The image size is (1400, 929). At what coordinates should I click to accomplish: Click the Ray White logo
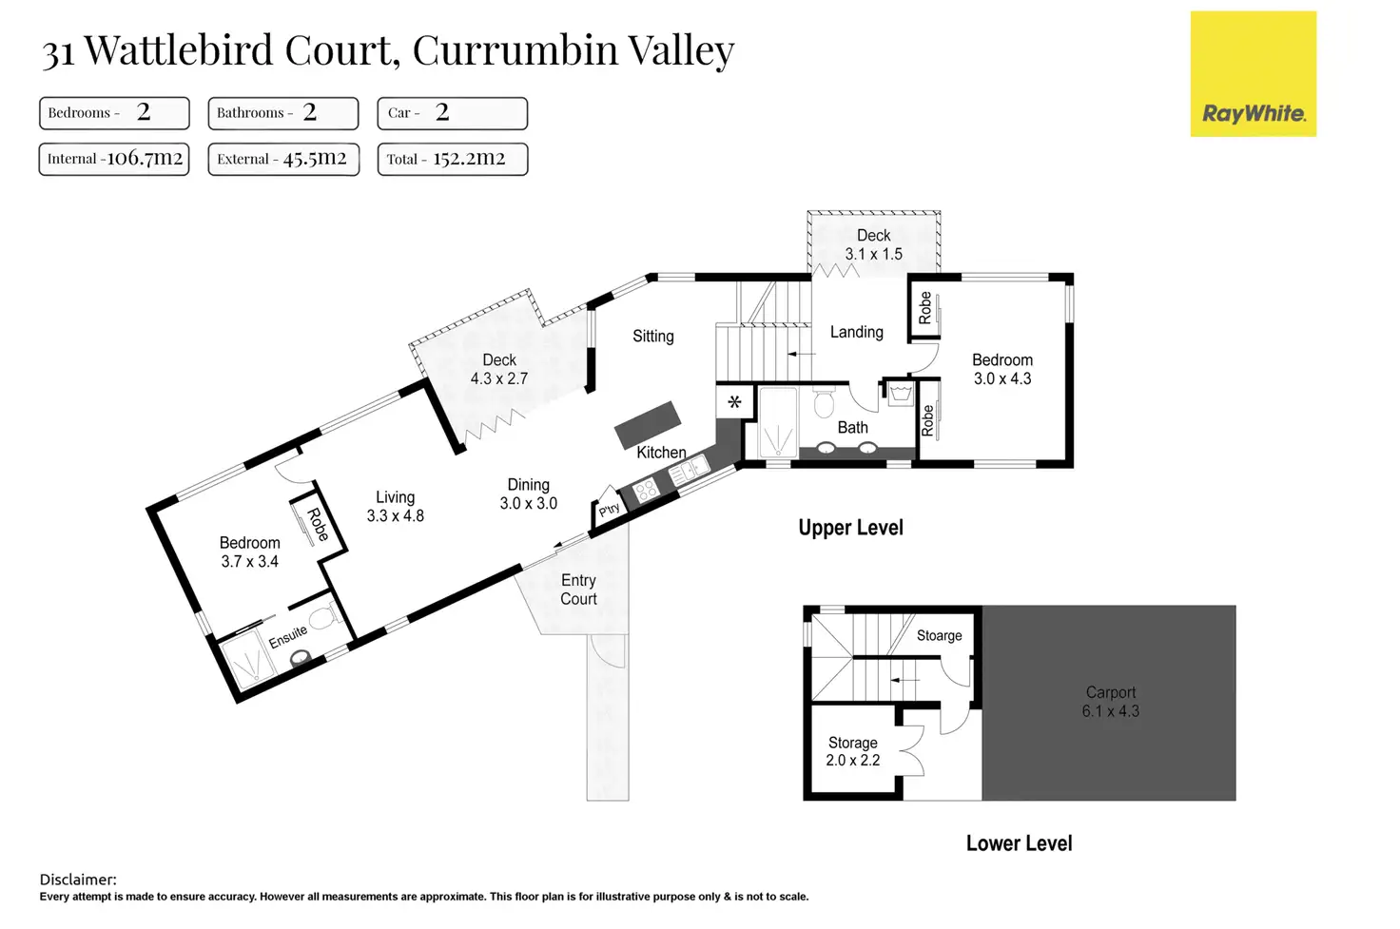(1253, 74)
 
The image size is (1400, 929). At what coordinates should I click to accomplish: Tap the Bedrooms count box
(114, 113)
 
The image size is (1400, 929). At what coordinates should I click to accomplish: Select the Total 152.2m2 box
(452, 159)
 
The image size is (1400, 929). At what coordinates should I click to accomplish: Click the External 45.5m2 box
(283, 159)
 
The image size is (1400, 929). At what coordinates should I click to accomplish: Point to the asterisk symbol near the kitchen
(734, 402)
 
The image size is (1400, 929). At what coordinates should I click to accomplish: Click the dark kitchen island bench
(648, 424)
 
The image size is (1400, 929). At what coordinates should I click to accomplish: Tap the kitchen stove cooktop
(647, 491)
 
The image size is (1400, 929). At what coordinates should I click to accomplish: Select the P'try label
(609, 510)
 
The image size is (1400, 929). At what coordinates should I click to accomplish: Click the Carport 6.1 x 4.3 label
(1110, 702)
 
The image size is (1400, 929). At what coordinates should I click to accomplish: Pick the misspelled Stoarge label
(939, 635)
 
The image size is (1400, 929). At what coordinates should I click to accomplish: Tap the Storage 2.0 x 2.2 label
(852, 751)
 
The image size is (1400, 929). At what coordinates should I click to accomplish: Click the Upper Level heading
(850, 528)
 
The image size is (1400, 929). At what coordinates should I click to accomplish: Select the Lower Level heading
(1019, 843)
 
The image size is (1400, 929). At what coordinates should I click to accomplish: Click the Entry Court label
(578, 590)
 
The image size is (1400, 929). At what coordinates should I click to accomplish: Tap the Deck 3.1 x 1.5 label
(873, 244)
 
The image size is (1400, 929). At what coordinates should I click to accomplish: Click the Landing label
(856, 332)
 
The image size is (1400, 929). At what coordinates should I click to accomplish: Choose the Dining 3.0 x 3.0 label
(528, 494)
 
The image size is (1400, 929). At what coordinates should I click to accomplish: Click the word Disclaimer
(78, 880)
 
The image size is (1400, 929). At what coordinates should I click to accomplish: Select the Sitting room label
(652, 336)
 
